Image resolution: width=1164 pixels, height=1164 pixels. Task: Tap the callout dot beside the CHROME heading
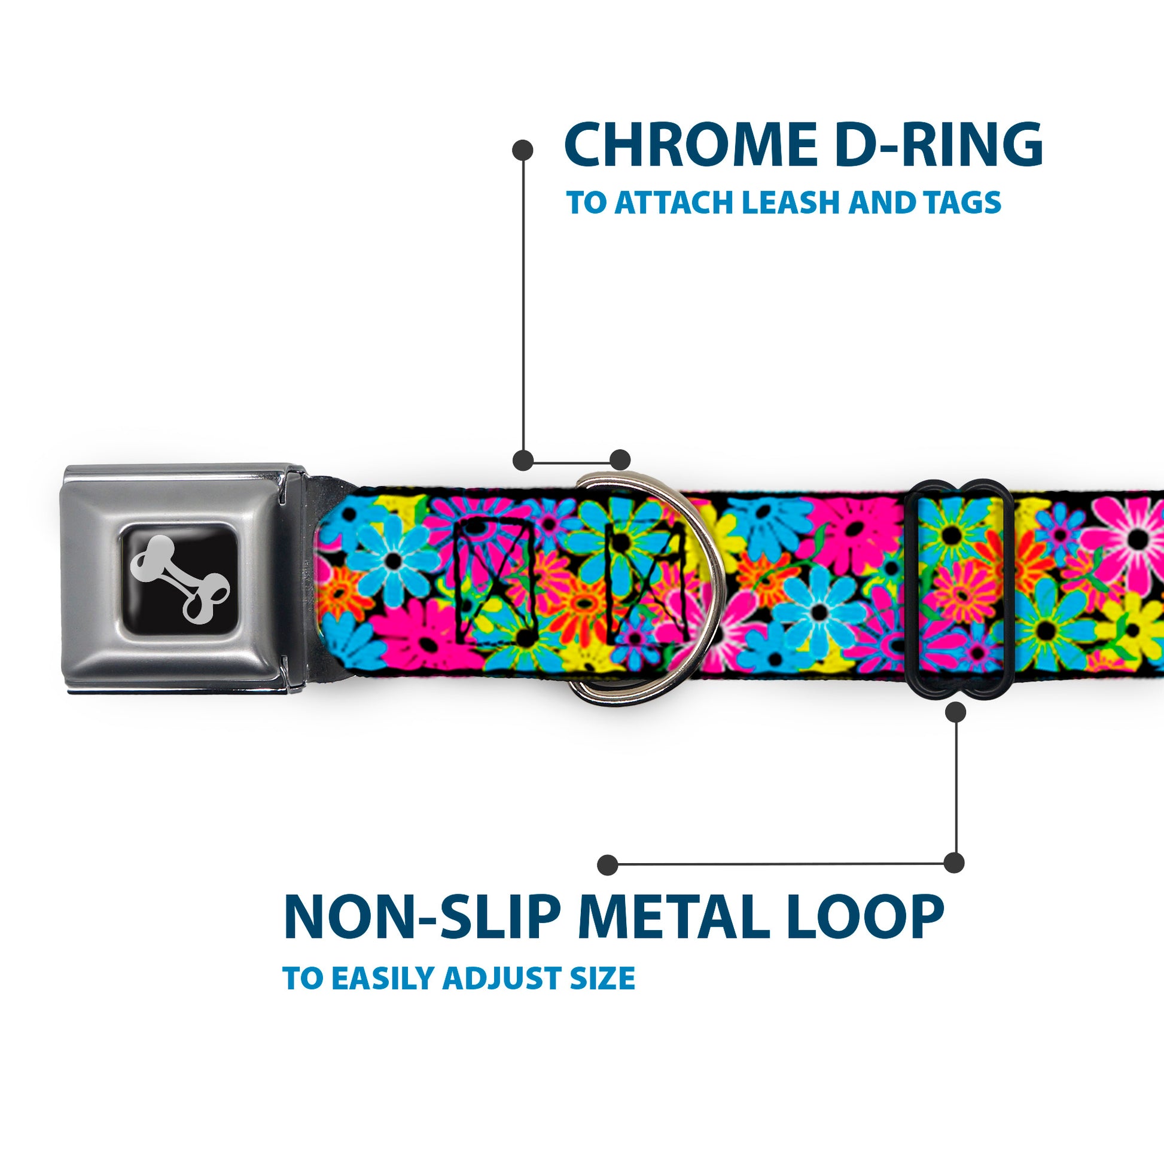point(522,150)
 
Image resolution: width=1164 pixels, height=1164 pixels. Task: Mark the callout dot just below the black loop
point(955,712)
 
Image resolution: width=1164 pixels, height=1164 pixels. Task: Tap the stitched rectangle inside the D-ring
point(647,581)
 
